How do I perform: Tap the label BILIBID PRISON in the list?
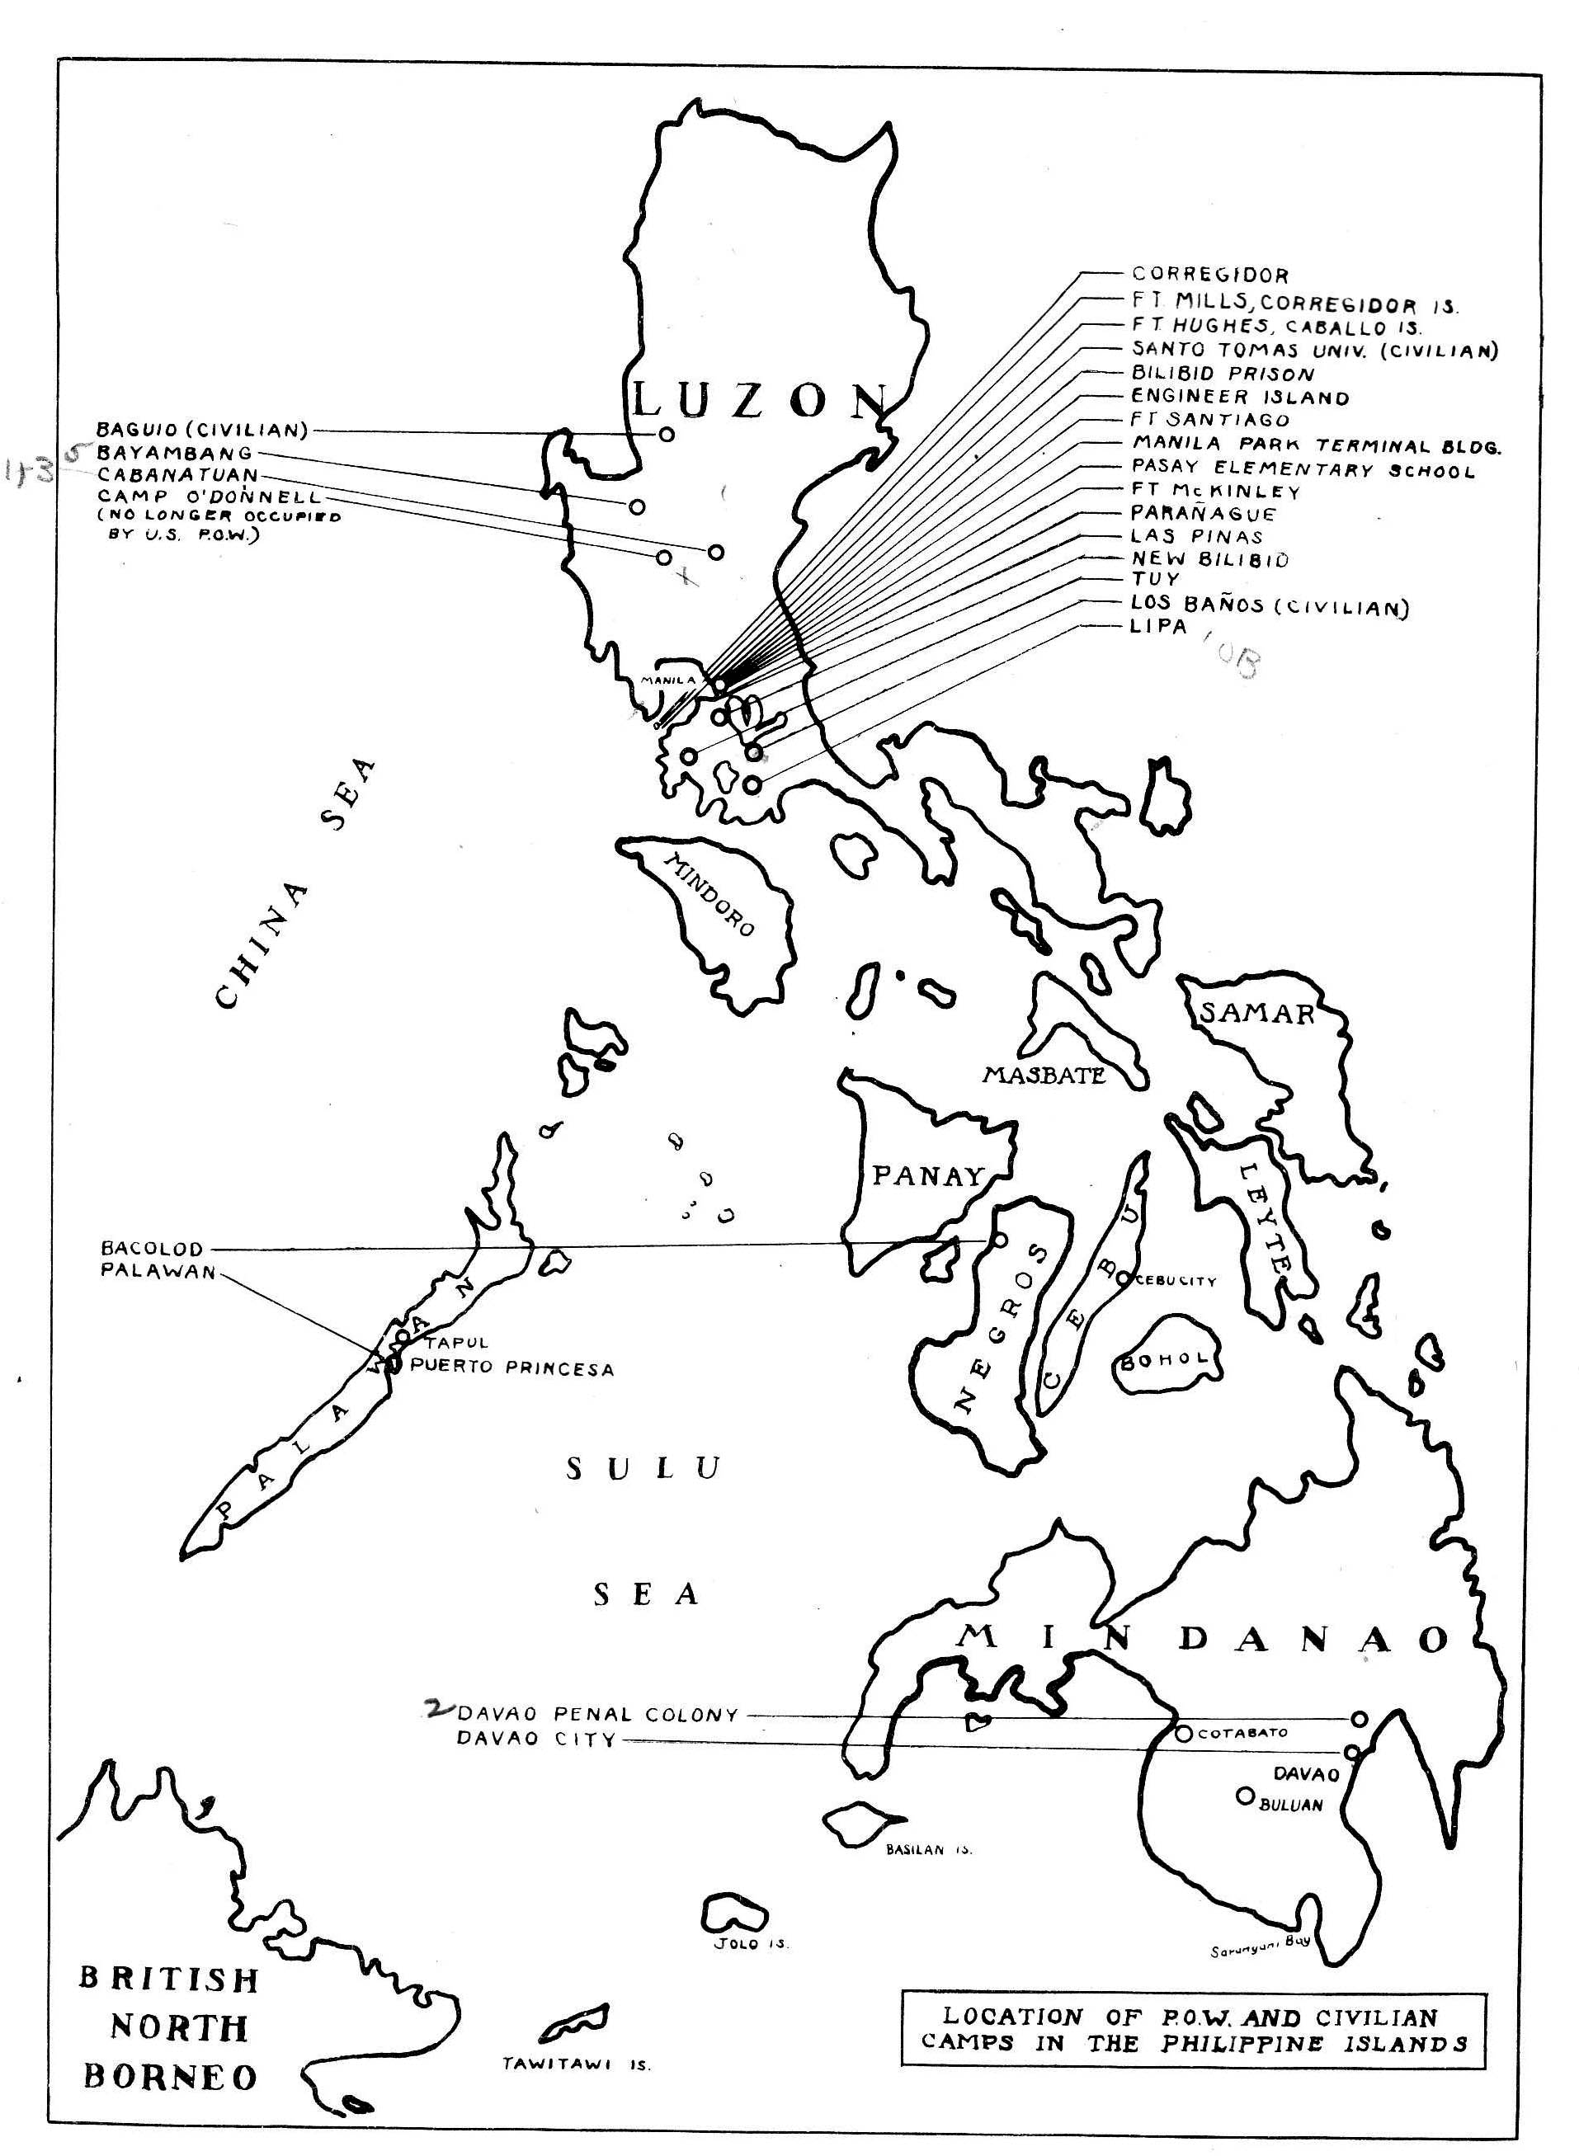1223,374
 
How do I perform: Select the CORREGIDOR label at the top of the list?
1210,275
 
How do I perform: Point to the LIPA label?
1158,627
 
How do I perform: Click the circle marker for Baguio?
667,434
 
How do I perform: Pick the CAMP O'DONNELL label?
210,497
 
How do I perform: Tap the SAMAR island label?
1257,1013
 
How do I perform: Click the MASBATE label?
1044,1076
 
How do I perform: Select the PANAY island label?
927,1175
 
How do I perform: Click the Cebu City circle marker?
1122,1278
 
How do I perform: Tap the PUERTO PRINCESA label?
511,1368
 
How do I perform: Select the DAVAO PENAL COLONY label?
597,1715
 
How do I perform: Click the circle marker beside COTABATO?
1183,1733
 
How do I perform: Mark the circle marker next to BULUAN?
1244,1796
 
